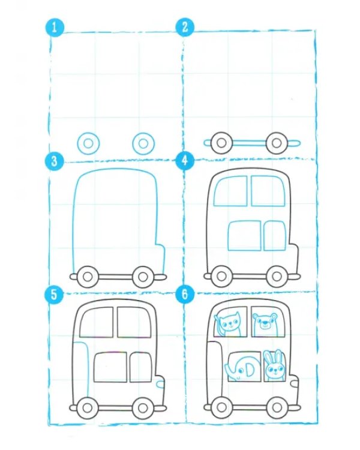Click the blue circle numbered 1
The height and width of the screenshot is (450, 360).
pos(54,28)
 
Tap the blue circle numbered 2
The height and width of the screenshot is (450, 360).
pos(185,27)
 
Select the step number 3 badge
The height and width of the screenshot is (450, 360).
pos(54,161)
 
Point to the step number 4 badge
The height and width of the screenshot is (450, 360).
pos(184,160)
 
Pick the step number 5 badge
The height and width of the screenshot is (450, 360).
pos(54,295)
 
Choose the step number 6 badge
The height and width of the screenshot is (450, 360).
pos(185,294)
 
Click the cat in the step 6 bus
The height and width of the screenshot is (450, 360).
pos(228,324)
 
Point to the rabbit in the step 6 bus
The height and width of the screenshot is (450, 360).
pos(274,365)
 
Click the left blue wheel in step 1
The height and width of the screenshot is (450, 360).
pos(88,143)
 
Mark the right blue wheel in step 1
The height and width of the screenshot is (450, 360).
pos(143,143)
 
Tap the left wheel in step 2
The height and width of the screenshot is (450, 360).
pos(221,143)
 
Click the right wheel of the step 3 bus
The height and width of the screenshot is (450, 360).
pos(142,277)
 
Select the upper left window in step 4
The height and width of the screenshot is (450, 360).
pos(231,191)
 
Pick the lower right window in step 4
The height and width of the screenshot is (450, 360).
pos(275,236)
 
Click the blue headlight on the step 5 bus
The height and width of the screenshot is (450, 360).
pos(160,384)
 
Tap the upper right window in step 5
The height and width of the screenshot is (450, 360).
pos(134,322)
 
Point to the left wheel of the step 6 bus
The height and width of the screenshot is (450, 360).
pos(221,407)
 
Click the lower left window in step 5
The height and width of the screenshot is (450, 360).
pos(110,367)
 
